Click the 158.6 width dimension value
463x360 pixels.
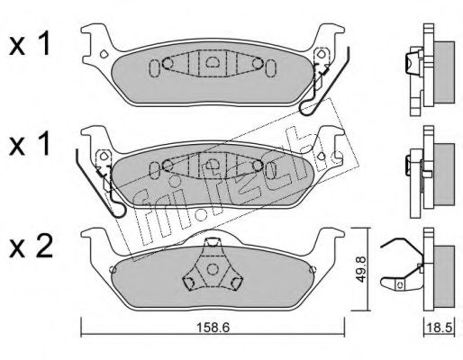[x=213, y=328]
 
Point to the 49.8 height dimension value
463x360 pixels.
[x=361, y=269]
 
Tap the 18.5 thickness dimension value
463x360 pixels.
[x=440, y=328]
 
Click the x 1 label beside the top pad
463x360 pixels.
[x=29, y=47]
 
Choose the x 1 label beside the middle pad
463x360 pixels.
[x=29, y=146]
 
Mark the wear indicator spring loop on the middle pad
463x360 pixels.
[x=118, y=211]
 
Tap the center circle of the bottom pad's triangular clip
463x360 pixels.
[x=213, y=268]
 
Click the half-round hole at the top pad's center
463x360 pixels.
[x=213, y=62]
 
